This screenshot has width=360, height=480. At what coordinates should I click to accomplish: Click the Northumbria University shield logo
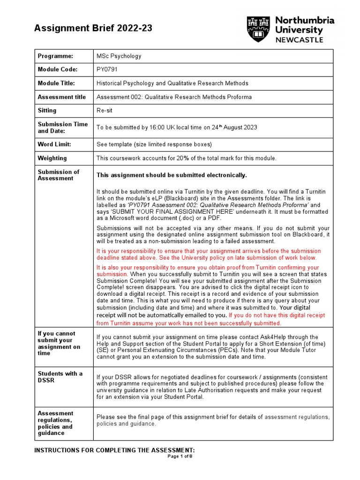click(x=259, y=29)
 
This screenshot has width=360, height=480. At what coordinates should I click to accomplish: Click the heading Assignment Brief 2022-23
click(x=93, y=29)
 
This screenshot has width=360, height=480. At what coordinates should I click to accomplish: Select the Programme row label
click(x=55, y=56)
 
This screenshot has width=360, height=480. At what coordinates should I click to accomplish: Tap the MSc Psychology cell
click(x=119, y=56)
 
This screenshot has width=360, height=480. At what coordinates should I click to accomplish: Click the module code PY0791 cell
click(x=108, y=69)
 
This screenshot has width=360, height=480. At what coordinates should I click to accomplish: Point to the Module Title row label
click(x=58, y=83)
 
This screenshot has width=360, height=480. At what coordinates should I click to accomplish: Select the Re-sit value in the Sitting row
click(x=105, y=111)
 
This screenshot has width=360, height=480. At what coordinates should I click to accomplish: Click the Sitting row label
click(x=47, y=111)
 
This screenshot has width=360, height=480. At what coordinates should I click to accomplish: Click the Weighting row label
click(x=52, y=158)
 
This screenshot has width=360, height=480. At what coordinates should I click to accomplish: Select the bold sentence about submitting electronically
click(x=171, y=175)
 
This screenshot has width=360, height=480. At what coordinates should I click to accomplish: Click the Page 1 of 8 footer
click(x=180, y=457)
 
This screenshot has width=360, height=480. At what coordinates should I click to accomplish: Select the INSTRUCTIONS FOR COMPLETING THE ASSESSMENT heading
click(x=115, y=450)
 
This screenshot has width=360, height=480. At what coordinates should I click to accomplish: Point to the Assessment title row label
click(x=61, y=97)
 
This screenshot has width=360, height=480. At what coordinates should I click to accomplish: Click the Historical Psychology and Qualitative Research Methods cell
click(x=172, y=83)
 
